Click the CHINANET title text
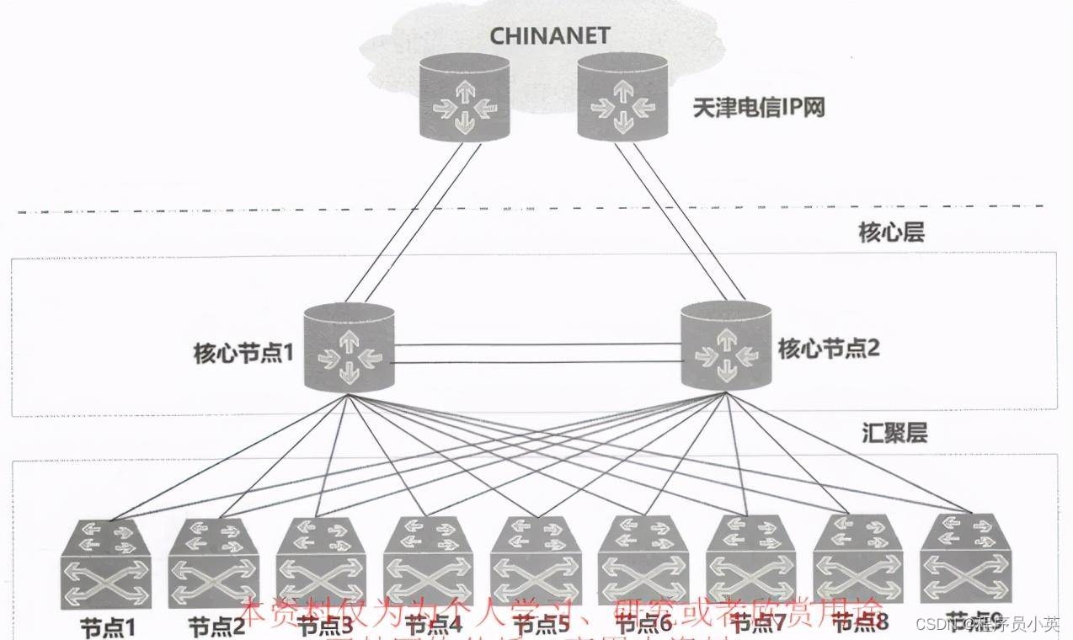pos(539,38)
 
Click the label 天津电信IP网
pos(758,108)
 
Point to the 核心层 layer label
pos(891,232)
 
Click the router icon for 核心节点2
pos(725,347)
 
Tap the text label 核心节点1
pos(243,352)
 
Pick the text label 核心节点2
pos(829,348)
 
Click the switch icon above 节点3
pos(321,562)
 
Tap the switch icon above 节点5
pos(536,562)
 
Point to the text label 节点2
pos(216,627)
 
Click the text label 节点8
pos(860,622)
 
